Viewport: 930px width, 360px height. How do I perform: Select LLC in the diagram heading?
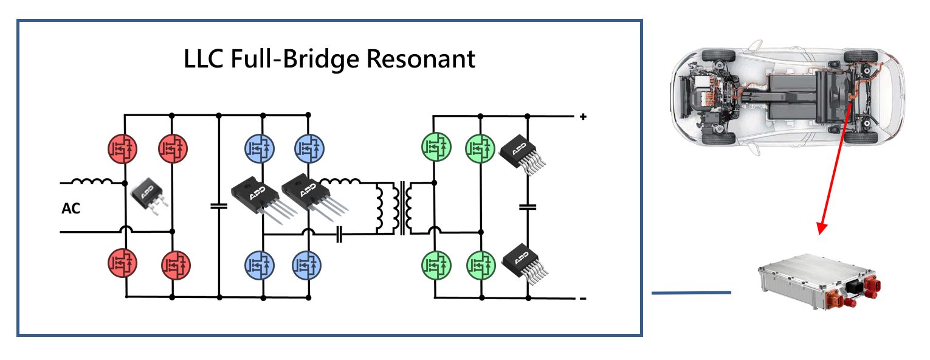205,60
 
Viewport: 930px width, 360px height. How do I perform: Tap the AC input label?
71,209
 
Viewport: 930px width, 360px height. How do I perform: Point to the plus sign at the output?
583,116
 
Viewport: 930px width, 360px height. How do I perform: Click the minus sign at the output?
583,298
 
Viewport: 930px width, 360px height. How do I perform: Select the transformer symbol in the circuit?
402,207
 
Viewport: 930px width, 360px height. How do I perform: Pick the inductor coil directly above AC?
92,181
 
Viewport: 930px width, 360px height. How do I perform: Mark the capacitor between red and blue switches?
218,206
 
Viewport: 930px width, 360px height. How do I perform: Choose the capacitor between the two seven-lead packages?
528,207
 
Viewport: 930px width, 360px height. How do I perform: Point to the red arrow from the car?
833,170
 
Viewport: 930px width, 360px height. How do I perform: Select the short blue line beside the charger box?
691,293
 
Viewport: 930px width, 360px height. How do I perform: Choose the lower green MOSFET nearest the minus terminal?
481,265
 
